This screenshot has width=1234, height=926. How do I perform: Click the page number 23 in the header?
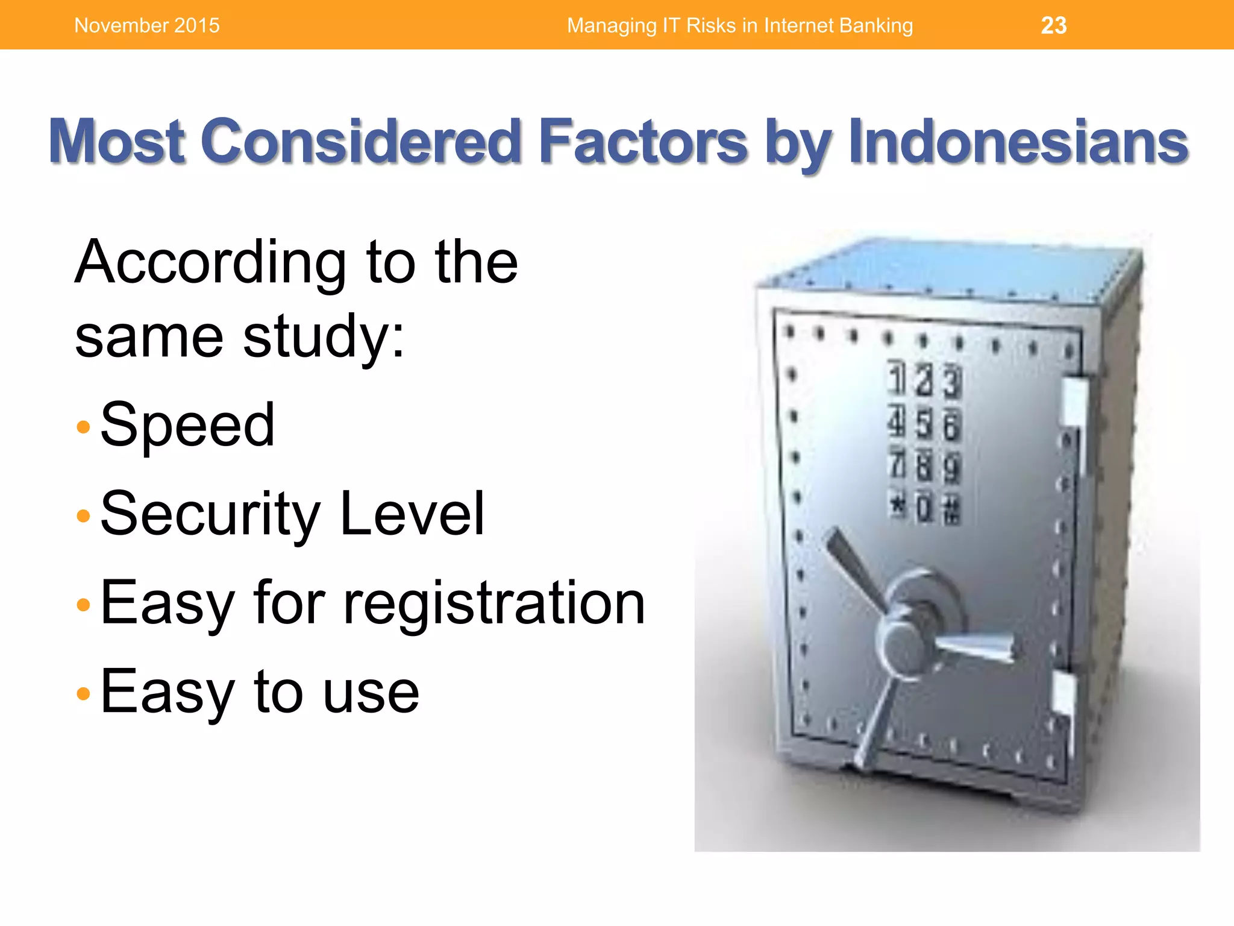[1053, 25]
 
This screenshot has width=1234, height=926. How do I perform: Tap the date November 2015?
[147, 25]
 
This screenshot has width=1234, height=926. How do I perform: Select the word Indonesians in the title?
[1018, 141]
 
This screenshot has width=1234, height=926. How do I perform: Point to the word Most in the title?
[117, 141]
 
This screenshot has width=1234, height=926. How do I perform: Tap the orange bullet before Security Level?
[84, 516]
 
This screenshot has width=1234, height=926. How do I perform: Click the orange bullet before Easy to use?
[84, 694]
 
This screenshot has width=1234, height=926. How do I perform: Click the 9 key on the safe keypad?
[951, 468]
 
